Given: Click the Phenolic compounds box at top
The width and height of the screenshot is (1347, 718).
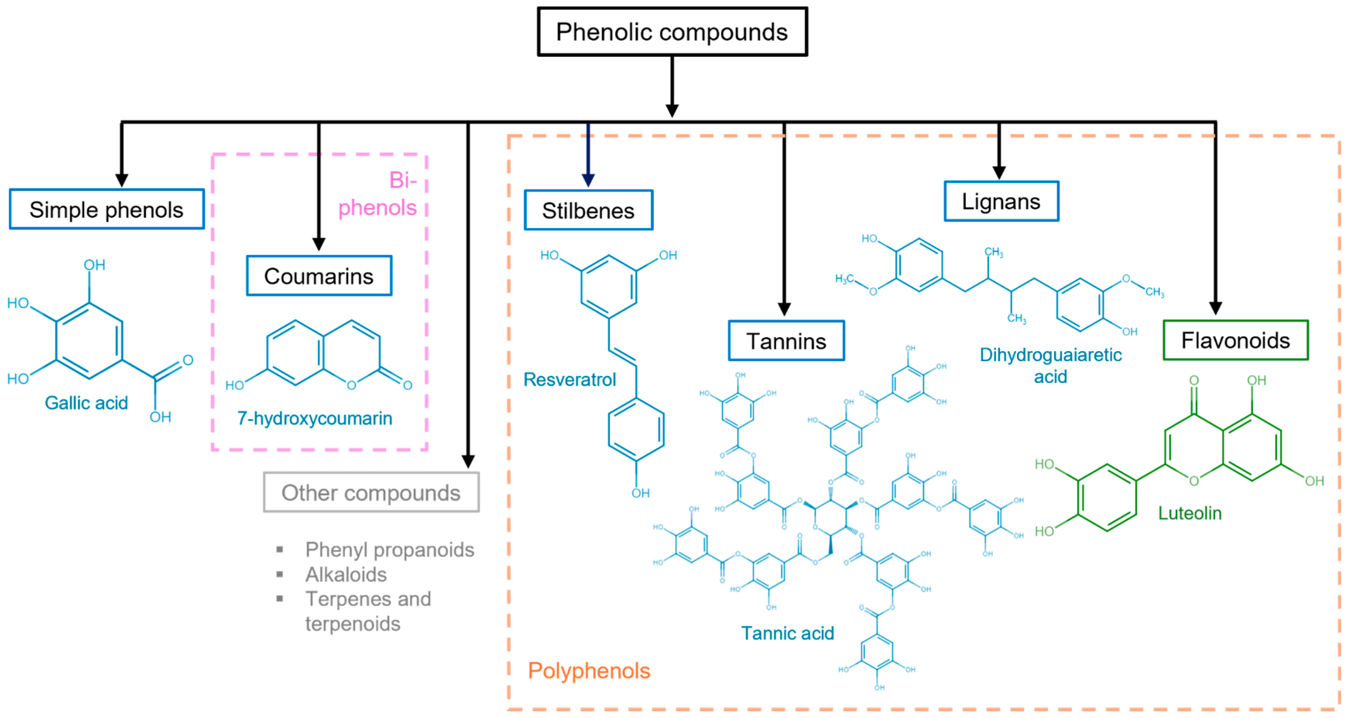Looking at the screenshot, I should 672,32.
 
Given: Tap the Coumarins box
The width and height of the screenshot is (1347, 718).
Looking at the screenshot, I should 319,276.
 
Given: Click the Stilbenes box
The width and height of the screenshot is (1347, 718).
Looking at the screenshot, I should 588,211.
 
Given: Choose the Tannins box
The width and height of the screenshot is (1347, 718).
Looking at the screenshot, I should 786,341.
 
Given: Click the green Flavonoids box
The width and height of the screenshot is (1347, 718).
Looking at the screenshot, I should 1235,341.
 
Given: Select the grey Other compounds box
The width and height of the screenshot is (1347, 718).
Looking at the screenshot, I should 371,493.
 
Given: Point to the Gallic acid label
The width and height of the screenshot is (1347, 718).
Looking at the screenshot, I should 86,403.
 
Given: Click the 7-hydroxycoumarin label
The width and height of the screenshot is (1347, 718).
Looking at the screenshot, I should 314,418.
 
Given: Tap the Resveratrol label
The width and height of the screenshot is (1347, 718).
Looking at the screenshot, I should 570,380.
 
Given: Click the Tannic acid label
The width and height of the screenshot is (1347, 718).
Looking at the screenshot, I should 787,633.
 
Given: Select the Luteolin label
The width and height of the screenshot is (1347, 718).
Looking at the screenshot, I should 1190,513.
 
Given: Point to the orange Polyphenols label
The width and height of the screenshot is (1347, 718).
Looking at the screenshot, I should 589,671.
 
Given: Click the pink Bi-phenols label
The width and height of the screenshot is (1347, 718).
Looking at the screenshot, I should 378,194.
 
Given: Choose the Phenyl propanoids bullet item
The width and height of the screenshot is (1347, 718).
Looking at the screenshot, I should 390,550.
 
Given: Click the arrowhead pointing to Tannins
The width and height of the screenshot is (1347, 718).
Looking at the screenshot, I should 784,309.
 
